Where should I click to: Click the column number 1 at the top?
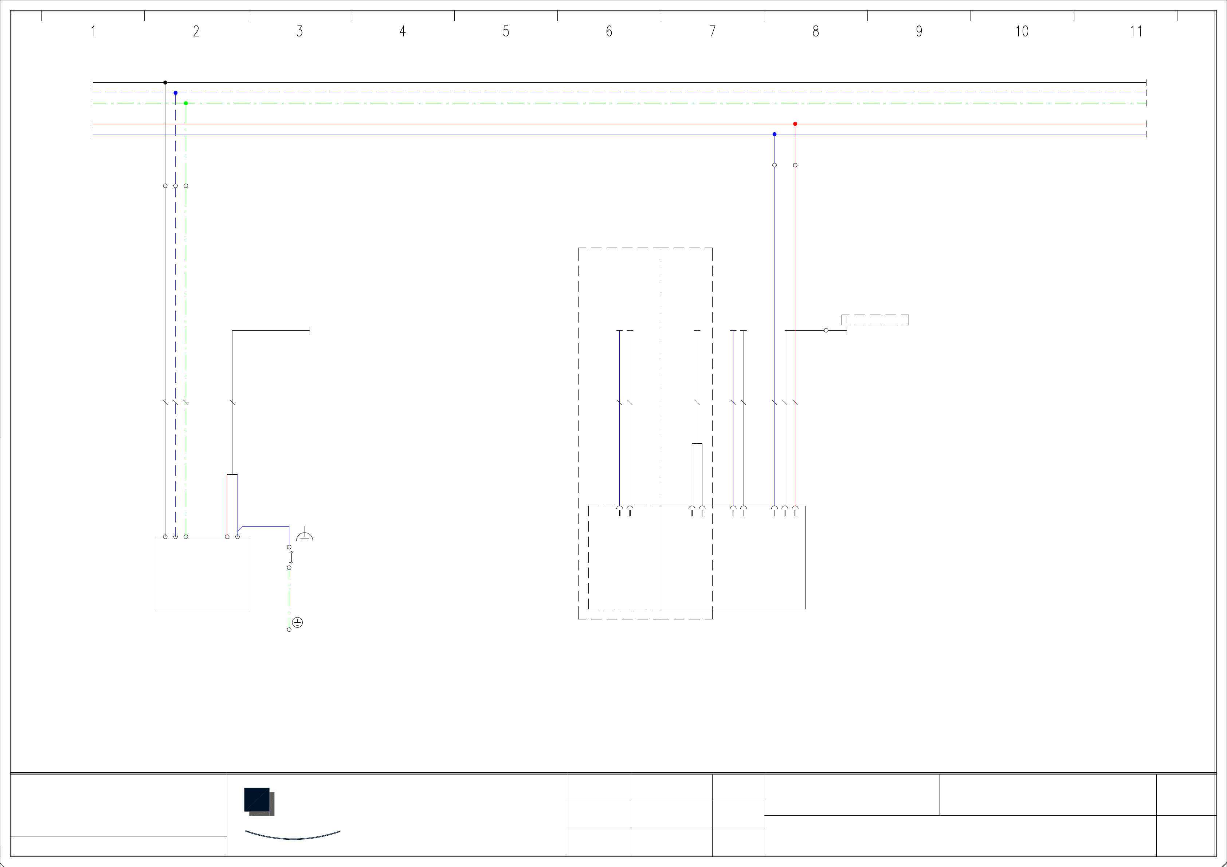[x=94, y=32]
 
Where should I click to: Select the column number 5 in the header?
[x=506, y=32]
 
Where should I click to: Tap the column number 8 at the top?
[x=815, y=32]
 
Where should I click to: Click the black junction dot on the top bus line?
[x=165, y=83]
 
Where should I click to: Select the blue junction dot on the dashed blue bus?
[x=175, y=93]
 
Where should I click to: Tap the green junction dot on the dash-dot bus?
[x=186, y=103]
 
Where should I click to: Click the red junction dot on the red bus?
[x=795, y=124]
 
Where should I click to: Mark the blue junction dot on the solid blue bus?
[x=775, y=134]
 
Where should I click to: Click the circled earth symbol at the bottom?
[x=298, y=622]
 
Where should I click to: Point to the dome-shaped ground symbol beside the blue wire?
[x=305, y=536]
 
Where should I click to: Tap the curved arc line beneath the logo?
[x=293, y=836]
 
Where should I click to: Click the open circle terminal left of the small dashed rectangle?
[x=826, y=331]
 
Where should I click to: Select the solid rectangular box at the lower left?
[x=201, y=573]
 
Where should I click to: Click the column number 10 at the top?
[x=1022, y=32]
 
